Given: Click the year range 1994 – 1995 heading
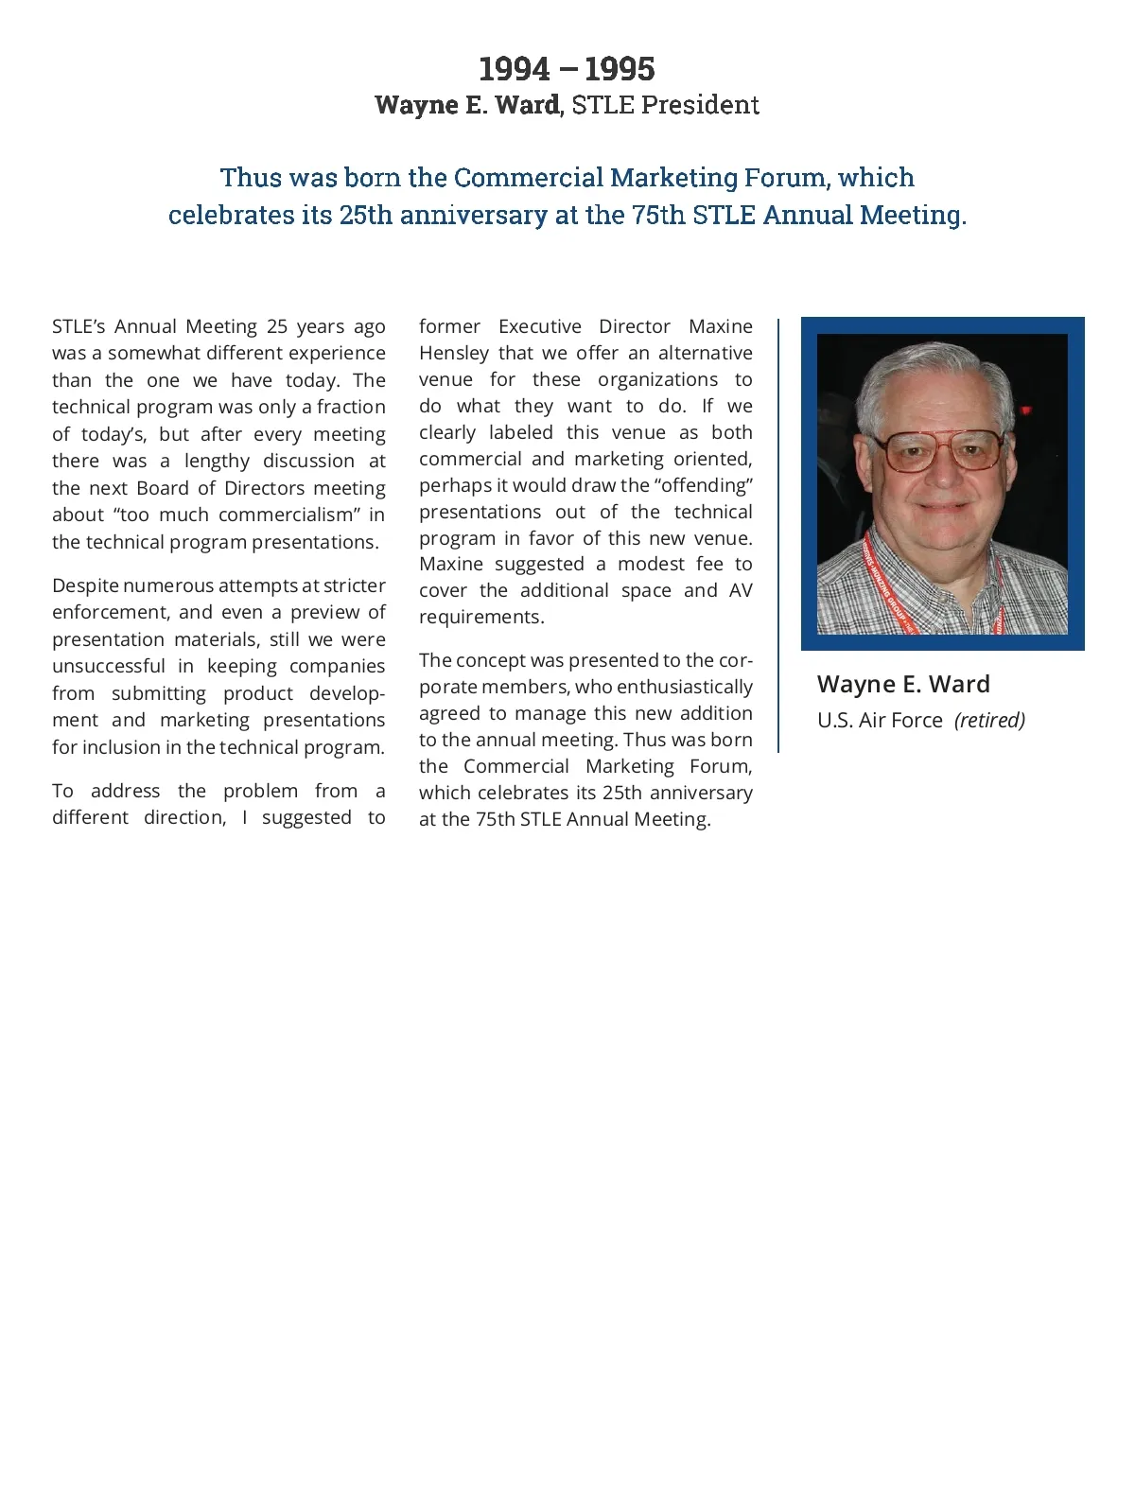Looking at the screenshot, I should point(567,69).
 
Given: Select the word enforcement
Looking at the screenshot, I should point(109,612).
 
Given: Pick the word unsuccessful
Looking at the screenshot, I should point(109,666).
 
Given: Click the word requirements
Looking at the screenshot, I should point(481,617).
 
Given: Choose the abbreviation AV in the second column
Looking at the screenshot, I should point(741,590).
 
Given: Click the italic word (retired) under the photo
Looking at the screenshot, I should point(989,720).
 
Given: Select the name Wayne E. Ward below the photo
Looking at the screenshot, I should point(903,684).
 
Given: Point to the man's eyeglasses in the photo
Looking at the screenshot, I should point(943,451).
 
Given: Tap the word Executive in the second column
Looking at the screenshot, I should point(540,326).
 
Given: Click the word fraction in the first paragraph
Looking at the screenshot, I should point(351,407).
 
